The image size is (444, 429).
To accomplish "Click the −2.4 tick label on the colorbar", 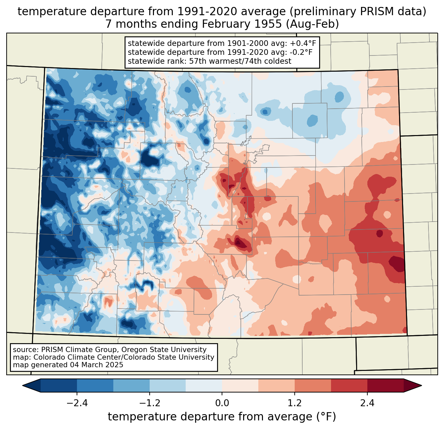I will [x=77, y=403].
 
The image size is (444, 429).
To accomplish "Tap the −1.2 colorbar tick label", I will [x=149, y=403].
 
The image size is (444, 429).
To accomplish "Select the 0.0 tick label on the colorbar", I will [x=222, y=403].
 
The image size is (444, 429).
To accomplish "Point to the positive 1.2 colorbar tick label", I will [x=294, y=403].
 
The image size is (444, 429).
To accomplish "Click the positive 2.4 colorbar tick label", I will [x=367, y=403].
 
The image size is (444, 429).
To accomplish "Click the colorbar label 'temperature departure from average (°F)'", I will [x=222, y=417].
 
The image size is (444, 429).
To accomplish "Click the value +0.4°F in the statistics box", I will [x=303, y=44].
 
